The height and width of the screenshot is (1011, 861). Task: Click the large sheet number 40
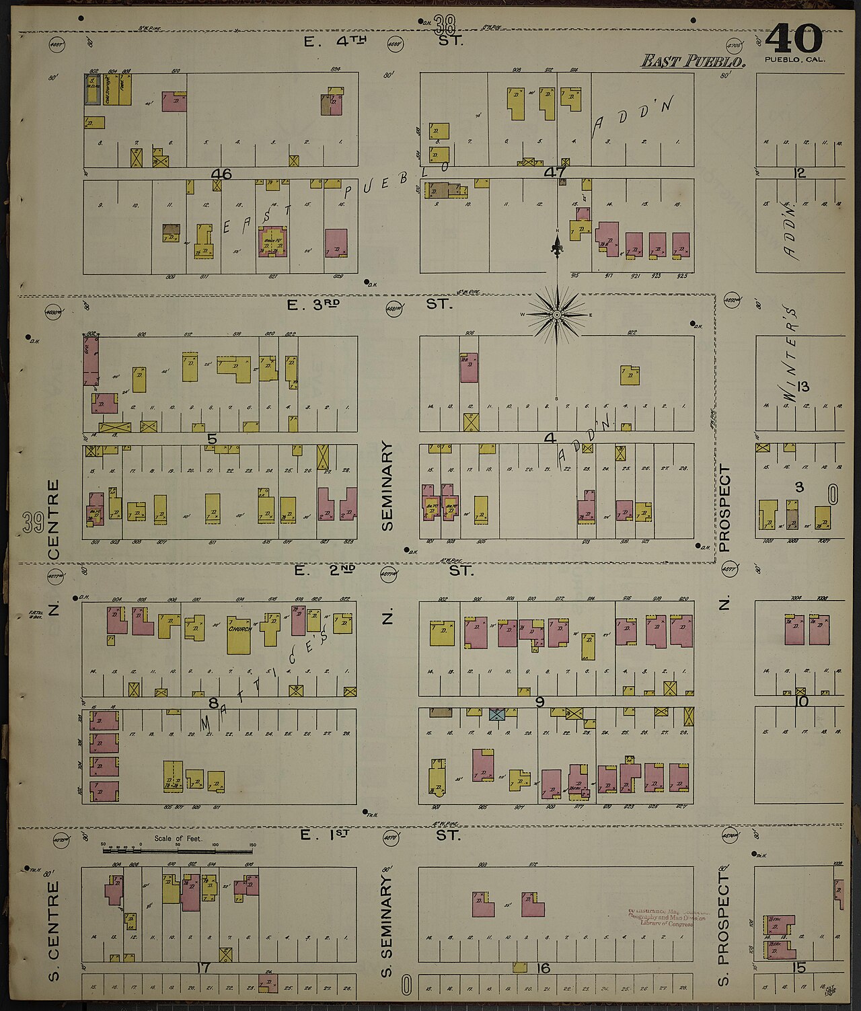794,39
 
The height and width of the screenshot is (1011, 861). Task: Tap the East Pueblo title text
693,62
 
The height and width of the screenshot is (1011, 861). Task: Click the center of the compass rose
557,314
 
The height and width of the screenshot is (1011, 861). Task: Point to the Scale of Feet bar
179,850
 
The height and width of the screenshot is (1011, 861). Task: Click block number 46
221,174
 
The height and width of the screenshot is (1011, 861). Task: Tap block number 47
555,172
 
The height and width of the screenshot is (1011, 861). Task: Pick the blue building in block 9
497,714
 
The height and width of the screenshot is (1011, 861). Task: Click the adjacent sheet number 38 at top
445,26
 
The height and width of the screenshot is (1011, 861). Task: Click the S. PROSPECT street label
723,928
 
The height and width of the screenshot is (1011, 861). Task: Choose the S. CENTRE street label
54,932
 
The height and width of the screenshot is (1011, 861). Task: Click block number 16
544,968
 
